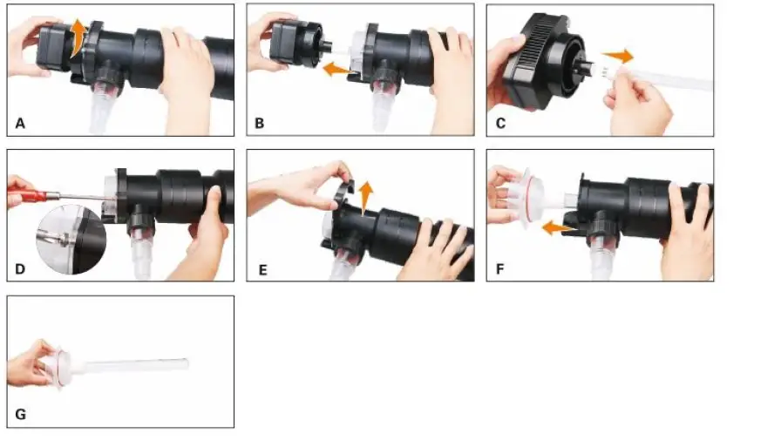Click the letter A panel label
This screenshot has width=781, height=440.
pyautogui.click(x=20, y=124)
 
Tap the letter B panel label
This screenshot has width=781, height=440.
pyautogui.click(x=259, y=124)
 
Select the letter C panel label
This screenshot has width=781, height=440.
pyautogui.click(x=499, y=124)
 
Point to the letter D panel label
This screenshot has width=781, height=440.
pyautogui.click(x=20, y=268)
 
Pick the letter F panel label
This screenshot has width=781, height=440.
pyautogui.click(x=499, y=268)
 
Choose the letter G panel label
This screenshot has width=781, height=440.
pyautogui.click(x=20, y=414)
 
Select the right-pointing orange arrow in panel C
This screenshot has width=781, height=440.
pyautogui.click(x=617, y=56)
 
